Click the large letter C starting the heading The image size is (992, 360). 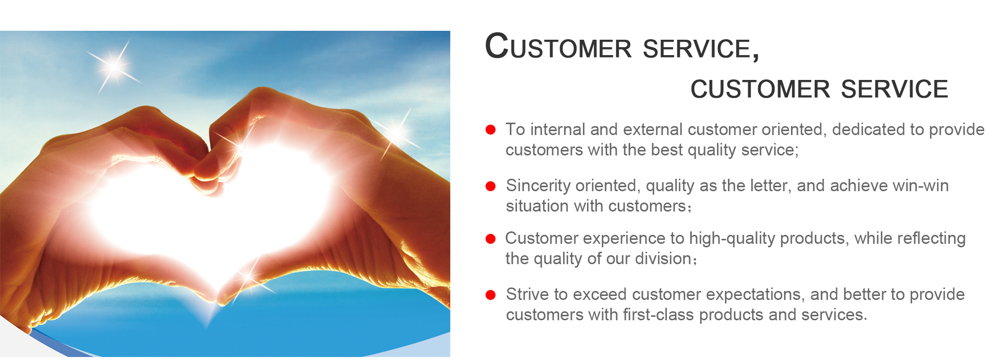click(497, 46)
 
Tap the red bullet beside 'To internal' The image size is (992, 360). click(491, 130)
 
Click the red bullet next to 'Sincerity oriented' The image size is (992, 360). click(491, 186)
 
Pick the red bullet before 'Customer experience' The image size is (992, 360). click(491, 239)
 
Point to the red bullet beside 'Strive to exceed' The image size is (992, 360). click(491, 295)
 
